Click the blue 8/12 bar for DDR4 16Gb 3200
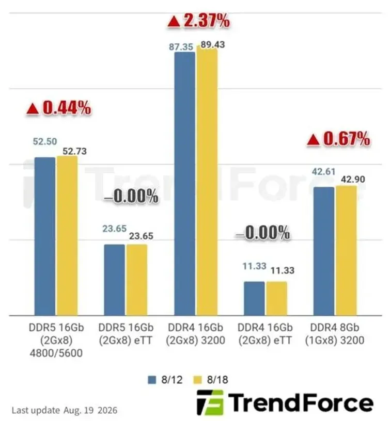[x=184, y=184]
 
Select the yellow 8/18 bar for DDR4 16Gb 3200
[x=207, y=182]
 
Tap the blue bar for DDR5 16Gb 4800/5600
[x=45, y=236]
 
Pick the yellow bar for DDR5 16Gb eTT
[x=137, y=280]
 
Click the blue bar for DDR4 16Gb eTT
[x=254, y=298]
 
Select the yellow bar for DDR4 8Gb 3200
[x=346, y=251]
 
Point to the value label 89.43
[x=213, y=44]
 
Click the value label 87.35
[x=181, y=47]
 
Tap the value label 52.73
[x=75, y=151]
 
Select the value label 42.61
[x=323, y=171]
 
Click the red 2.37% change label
[x=199, y=21]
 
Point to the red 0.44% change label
[x=58, y=108]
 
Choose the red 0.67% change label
[x=338, y=139]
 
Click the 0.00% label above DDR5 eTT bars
[x=131, y=196]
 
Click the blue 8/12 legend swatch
[x=152, y=380]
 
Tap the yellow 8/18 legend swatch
[x=197, y=380]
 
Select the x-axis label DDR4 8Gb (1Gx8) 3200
[x=335, y=334]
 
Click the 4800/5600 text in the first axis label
[x=56, y=353]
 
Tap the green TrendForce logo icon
[x=210, y=402]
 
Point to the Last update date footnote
[x=65, y=410]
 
